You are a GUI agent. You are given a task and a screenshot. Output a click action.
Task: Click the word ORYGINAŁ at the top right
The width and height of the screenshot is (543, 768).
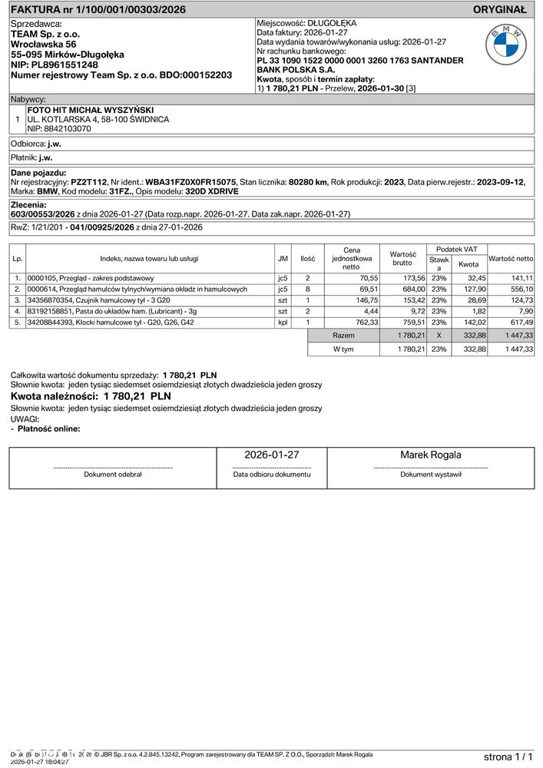point(499,10)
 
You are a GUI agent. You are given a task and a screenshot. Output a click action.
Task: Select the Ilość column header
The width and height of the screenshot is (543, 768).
point(307,259)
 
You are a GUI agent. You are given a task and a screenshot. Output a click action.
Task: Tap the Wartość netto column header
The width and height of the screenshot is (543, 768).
point(511,259)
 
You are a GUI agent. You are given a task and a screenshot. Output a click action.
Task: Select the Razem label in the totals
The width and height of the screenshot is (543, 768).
point(343,336)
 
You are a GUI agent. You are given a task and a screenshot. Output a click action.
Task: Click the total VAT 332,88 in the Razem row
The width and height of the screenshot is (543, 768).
point(472,336)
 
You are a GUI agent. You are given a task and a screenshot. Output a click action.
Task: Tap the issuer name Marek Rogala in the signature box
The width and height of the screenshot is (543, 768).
point(431,455)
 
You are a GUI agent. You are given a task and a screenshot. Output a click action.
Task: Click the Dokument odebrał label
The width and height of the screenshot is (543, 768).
point(113,475)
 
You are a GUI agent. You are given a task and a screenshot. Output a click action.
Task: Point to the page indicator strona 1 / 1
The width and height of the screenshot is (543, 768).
point(508,756)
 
